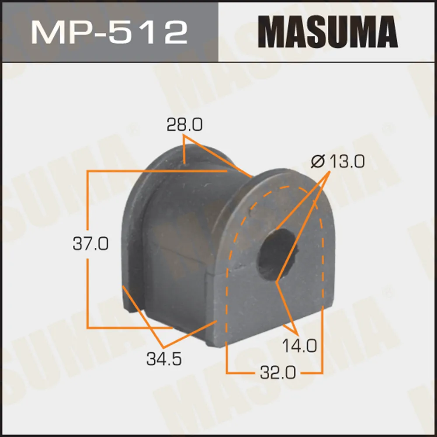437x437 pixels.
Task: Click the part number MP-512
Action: tap(109, 32)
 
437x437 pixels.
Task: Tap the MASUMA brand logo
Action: tap(328, 32)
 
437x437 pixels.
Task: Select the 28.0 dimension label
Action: tap(184, 125)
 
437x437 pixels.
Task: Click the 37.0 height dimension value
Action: tap(90, 243)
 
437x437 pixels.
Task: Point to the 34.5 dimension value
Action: tap(164, 359)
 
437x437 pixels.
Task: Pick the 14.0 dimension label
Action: tap(299, 346)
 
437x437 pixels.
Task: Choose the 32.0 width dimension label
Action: tap(278, 372)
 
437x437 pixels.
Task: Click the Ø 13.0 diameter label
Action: tap(337, 162)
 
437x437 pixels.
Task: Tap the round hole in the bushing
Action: tap(277, 254)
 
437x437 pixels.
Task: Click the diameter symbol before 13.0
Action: tap(318, 162)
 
